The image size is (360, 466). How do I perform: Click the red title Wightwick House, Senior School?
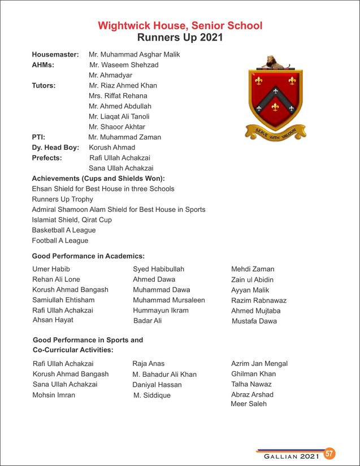coord(180,26)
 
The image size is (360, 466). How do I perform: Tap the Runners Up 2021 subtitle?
coord(180,38)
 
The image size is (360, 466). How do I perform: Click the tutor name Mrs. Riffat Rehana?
coord(118,96)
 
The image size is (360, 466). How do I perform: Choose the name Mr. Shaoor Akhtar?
coord(116,127)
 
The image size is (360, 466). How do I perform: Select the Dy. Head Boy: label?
coord(55,147)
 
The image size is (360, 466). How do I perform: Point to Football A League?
coord(60,240)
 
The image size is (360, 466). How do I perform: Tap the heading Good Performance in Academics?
coord(88,256)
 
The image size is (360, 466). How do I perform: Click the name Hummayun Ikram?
coord(161,310)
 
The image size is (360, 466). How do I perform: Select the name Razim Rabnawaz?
coord(258,300)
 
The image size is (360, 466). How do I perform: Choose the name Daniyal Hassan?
coord(157,385)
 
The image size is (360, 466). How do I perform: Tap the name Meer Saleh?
coord(249,404)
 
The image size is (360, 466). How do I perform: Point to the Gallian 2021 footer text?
coord(288,455)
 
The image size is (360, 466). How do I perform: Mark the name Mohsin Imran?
coord(54,395)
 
